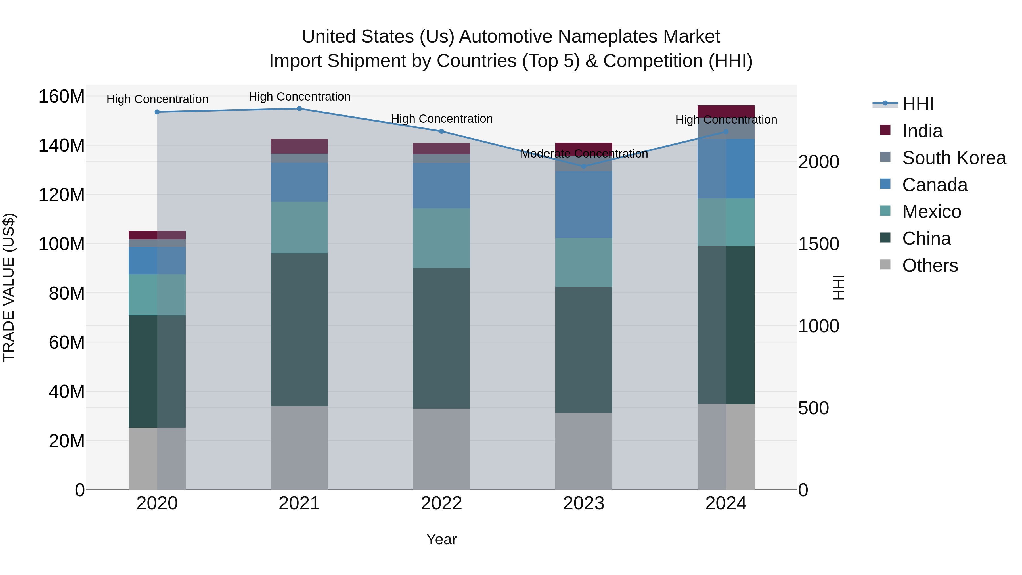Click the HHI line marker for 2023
[584, 166]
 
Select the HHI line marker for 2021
[299, 109]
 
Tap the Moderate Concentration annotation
[584, 154]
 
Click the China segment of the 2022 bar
[441, 338]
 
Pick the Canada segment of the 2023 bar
[584, 204]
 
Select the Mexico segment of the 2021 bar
[299, 227]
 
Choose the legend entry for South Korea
[954, 158]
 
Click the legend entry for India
[922, 131]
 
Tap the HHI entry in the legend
[918, 104]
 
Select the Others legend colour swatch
[885, 265]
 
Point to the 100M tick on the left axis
[62, 244]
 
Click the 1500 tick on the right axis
[818, 244]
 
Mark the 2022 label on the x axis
[441, 503]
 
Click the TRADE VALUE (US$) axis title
[9, 287]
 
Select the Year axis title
[441, 539]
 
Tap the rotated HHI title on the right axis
[838, 287]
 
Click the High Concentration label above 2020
[157, 99]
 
